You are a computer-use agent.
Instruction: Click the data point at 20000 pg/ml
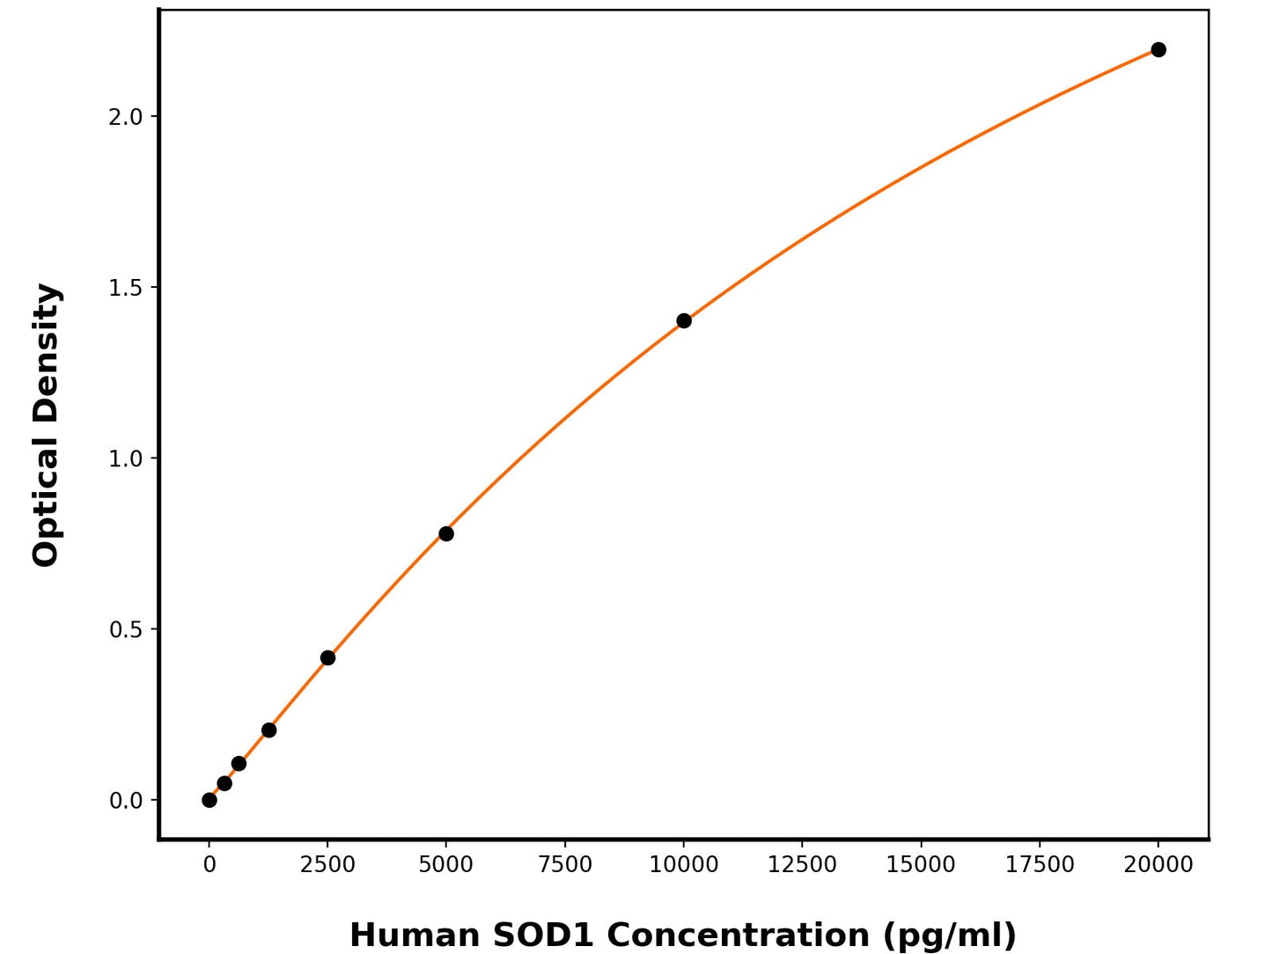[x=1158, y=49]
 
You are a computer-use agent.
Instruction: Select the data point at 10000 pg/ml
[x=684, y=320]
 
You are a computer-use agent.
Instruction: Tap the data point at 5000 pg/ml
[x=446, y=533]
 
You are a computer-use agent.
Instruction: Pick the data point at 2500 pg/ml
[x=327, y=657]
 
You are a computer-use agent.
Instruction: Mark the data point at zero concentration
[x=210, y=800]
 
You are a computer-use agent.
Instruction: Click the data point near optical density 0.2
[x=268, y=730]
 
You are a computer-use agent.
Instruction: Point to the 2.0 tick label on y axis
[x=125, y=116]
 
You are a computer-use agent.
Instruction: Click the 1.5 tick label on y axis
[x=125, y=288]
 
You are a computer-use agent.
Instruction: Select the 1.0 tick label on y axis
[x=125, y=459]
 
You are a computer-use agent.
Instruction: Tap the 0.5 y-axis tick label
[x=125, y=629]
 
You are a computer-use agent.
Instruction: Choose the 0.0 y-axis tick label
[x=125, y=801]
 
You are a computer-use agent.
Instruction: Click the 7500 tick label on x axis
[x=565, y=865]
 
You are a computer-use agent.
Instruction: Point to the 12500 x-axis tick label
[x=802, y=865]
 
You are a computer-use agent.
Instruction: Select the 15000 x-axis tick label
[x=921, y=865]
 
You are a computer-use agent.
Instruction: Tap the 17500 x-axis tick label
[x=1040, y=865]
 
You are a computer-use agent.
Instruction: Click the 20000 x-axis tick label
[x=1158, y=865]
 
